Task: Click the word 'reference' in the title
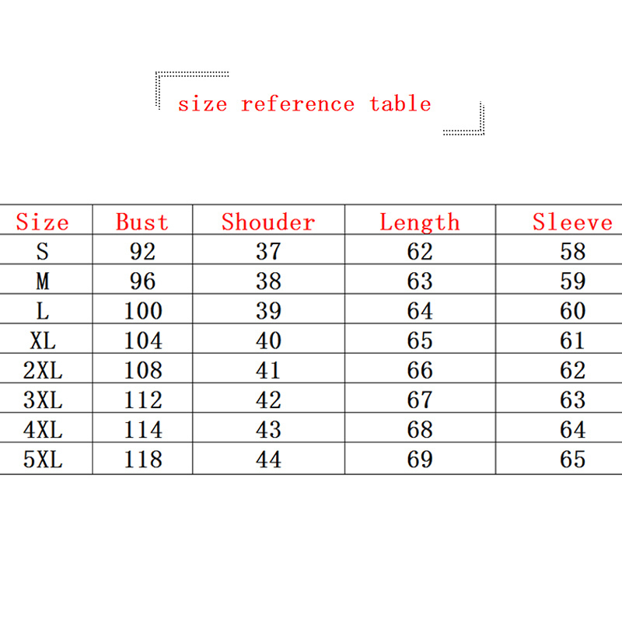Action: (298, 104)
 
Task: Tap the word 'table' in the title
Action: (400, 103)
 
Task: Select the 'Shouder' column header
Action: (268, 222)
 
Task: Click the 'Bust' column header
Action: (142, 222)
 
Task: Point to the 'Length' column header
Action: (420, 222)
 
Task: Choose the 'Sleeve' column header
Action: (572, 222)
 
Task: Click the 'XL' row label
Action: (43, 341)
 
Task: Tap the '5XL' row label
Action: (43, 460)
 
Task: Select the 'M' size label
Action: (43, 281)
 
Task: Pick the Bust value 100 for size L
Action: (143, 310)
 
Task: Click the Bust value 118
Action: (143, 460)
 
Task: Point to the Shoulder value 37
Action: (268, 251)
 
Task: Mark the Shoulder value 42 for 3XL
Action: (268, 400)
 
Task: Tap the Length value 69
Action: (420, 460)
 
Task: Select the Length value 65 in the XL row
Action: (420, 341)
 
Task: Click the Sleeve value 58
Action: (573, 251)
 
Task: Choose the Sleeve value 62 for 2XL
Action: (573, 370)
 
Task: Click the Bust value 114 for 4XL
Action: (143, 430)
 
